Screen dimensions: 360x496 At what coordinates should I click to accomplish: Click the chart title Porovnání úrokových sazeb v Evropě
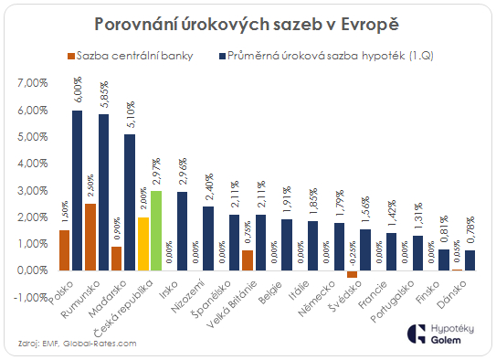click(x=248, y=21)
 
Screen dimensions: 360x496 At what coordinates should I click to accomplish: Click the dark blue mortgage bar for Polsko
click(x=78, y=190)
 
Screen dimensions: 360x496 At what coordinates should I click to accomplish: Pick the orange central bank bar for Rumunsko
click(x=116, y=237)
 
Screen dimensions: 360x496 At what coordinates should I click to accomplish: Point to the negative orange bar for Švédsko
click(x=353, y=273)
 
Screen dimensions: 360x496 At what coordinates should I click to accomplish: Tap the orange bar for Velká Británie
click(x=247, y=259)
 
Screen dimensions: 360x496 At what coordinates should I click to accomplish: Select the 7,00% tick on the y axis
click(x=33, y=83)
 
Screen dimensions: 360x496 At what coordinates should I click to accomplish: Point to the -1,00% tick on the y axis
click(x=32, y=297)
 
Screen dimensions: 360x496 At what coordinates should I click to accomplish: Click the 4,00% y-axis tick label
click(x=33, y=164)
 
